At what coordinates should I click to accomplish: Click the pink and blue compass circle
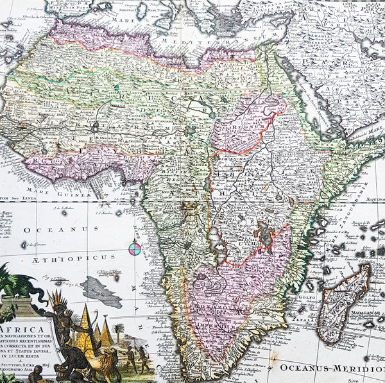[x=135, y=248]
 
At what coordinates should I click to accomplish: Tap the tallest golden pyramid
[x=87, y=327]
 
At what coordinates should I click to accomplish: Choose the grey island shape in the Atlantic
[x=101, y=293]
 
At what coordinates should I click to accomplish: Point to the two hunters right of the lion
[x=135, y=357]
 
